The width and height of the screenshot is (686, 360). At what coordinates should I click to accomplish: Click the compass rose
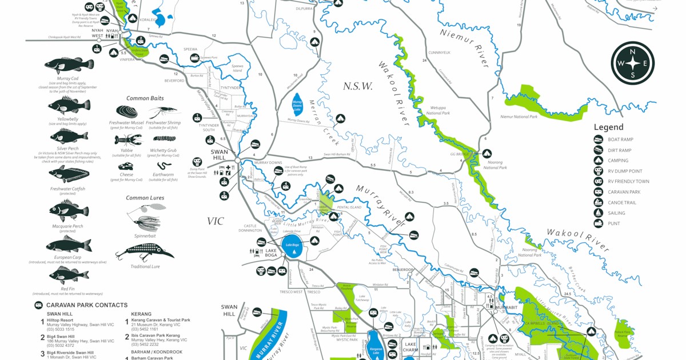(632, 63)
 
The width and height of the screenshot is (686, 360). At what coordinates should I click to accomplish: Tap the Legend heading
(608, 127)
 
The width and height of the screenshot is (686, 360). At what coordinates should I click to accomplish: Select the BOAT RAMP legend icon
(599, 139)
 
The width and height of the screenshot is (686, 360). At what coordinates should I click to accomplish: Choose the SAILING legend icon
(599, 213)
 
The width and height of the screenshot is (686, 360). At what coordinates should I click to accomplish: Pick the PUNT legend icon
(599, 223)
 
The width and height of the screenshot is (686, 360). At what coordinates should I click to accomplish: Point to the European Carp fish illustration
(68, 245)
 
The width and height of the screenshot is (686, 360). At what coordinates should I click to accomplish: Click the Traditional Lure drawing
(144, 251)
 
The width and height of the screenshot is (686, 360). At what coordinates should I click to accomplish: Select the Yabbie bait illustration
(128, 140)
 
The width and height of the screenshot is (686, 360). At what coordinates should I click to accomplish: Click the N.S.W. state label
(357, 87)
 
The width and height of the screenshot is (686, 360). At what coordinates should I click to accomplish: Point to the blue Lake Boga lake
(292, 246)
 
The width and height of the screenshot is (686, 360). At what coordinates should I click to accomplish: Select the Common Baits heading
(145, 98)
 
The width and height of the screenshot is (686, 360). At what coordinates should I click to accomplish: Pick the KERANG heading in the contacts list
(141, 314)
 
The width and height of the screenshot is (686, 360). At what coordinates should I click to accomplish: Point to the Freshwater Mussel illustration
(127, 111)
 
